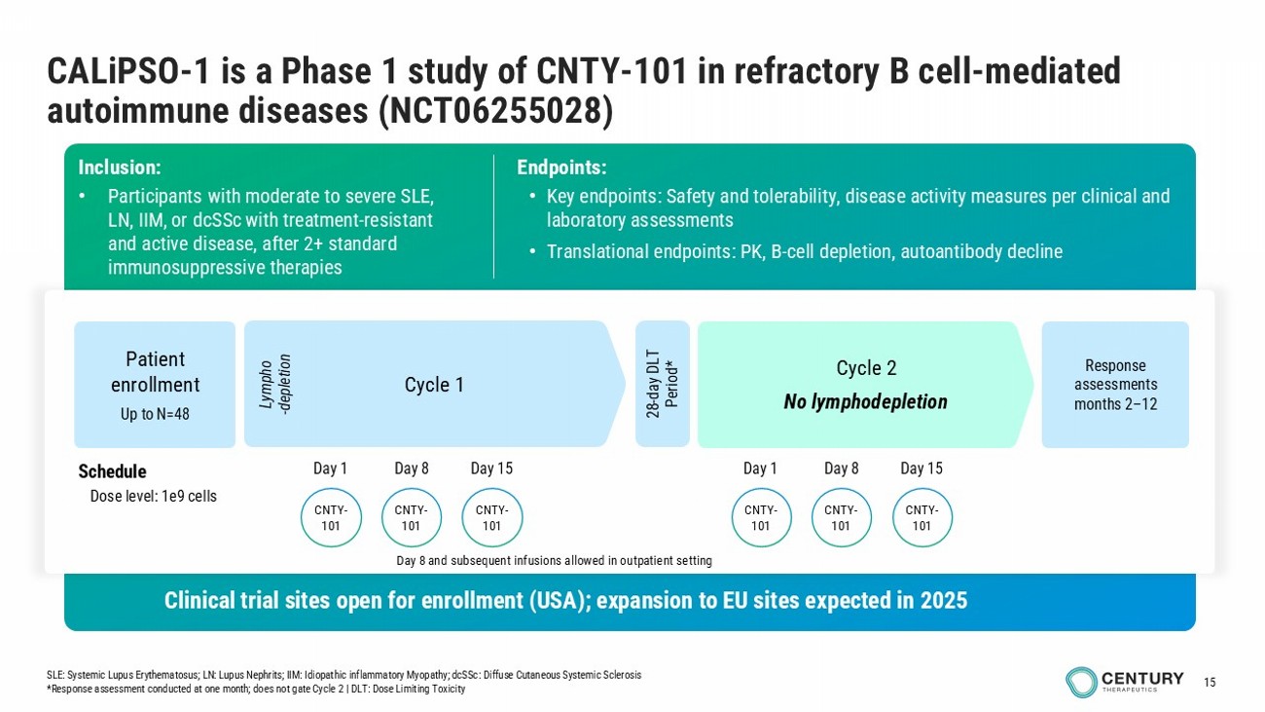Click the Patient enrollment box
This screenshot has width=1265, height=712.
155,384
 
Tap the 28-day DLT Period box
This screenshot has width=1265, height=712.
662,384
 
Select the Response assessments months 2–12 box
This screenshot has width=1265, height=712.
1115,384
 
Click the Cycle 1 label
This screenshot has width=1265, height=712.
434,385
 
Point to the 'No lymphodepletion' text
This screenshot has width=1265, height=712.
865,401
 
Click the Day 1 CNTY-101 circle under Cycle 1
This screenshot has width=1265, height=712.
331,517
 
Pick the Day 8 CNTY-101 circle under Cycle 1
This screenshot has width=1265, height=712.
412,517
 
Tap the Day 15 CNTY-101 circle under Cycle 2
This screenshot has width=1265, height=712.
922,517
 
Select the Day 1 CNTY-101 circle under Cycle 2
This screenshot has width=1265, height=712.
761,517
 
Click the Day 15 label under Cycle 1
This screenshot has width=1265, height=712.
491,468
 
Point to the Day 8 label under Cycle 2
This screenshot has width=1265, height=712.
842,468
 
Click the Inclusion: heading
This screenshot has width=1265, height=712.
120,168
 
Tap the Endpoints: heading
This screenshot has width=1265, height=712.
561,168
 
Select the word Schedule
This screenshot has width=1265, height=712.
112,472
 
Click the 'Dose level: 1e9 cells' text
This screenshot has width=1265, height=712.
154,497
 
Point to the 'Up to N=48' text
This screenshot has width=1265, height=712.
155,415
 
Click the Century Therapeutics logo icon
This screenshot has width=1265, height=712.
1081,682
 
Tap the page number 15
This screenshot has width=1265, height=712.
1211,682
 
